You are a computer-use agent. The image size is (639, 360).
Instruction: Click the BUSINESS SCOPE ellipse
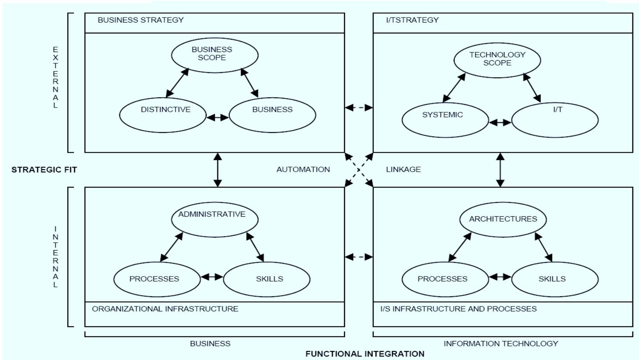point(214,55)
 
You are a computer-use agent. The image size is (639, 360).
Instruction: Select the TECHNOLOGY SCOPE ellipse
point(497,60)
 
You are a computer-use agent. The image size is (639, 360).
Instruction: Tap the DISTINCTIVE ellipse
point(162,115)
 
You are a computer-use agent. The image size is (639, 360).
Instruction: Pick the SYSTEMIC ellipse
point(445,120)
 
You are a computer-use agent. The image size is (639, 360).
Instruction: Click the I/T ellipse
point(555,120)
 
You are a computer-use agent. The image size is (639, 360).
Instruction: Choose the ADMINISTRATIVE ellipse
point(214,219)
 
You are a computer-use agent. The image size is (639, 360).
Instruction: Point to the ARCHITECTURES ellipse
point(503,219)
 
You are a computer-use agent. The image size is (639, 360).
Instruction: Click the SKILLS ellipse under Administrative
point(266,279)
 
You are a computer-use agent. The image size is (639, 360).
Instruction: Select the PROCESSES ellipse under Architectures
point(445,279)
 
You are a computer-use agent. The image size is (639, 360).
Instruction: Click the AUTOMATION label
point(303,169)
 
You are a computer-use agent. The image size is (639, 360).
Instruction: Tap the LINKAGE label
point(403,169)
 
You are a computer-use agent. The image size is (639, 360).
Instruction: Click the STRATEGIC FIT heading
point(44,169)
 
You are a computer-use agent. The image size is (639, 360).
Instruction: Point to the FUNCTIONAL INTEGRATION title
point(364,354)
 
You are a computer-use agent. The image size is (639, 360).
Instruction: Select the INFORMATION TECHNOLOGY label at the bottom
point(500,343)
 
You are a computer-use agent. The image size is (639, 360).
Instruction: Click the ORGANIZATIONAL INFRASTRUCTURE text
point(165,309)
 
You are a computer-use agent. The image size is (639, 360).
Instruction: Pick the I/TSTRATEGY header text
point(412,20)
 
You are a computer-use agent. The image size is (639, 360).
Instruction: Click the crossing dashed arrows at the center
point(359,170)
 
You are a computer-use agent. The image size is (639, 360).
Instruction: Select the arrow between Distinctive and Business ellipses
point(218,117)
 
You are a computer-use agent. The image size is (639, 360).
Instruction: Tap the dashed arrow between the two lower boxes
point(359,257)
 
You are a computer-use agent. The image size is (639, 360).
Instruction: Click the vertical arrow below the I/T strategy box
point(500,170)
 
